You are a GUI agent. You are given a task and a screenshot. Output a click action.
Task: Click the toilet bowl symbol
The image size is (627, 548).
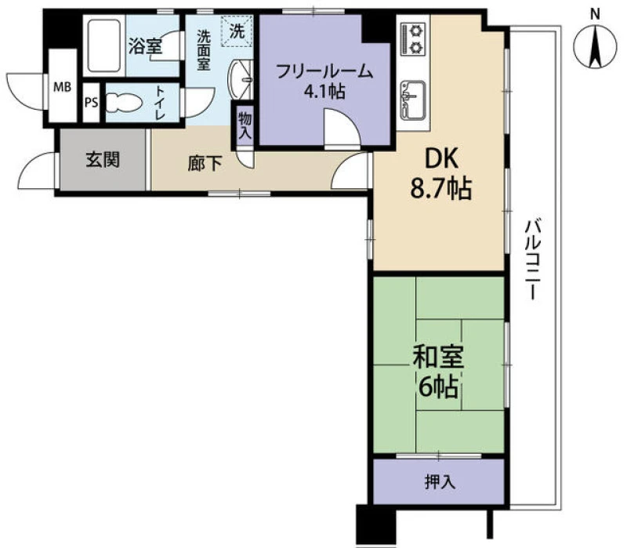(125, 103)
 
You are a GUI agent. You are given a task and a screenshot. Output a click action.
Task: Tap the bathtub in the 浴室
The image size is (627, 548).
(104, 45)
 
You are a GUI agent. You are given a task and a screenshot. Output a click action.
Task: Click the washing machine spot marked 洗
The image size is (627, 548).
(237, 31)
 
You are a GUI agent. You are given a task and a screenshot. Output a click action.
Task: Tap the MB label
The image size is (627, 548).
(63, 87)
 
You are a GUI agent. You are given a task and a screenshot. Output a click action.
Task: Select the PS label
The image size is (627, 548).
(91, 103)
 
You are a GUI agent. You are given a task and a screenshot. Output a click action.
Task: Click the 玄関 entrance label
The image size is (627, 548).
(103, 160)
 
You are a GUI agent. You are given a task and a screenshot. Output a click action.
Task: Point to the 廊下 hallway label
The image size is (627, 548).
(205, 164)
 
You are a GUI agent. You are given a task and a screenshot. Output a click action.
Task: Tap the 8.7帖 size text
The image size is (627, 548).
(441, 188)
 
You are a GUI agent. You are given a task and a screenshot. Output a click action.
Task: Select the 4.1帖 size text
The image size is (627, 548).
(324, 93)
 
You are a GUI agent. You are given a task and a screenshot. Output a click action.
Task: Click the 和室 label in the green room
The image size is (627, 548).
(438, 357)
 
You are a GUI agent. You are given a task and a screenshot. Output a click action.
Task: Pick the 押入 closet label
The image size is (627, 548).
(440, 482)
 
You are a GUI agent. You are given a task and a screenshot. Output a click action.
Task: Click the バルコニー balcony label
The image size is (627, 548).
(533, 259)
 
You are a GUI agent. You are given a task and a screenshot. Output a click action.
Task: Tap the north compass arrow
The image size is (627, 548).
(595, 46)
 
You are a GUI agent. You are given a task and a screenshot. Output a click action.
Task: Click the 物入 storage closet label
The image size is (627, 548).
(245, 125)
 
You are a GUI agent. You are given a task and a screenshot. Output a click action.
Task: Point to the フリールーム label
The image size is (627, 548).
(324, 72)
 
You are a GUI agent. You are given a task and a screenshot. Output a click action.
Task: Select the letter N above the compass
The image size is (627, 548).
(596, 15)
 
